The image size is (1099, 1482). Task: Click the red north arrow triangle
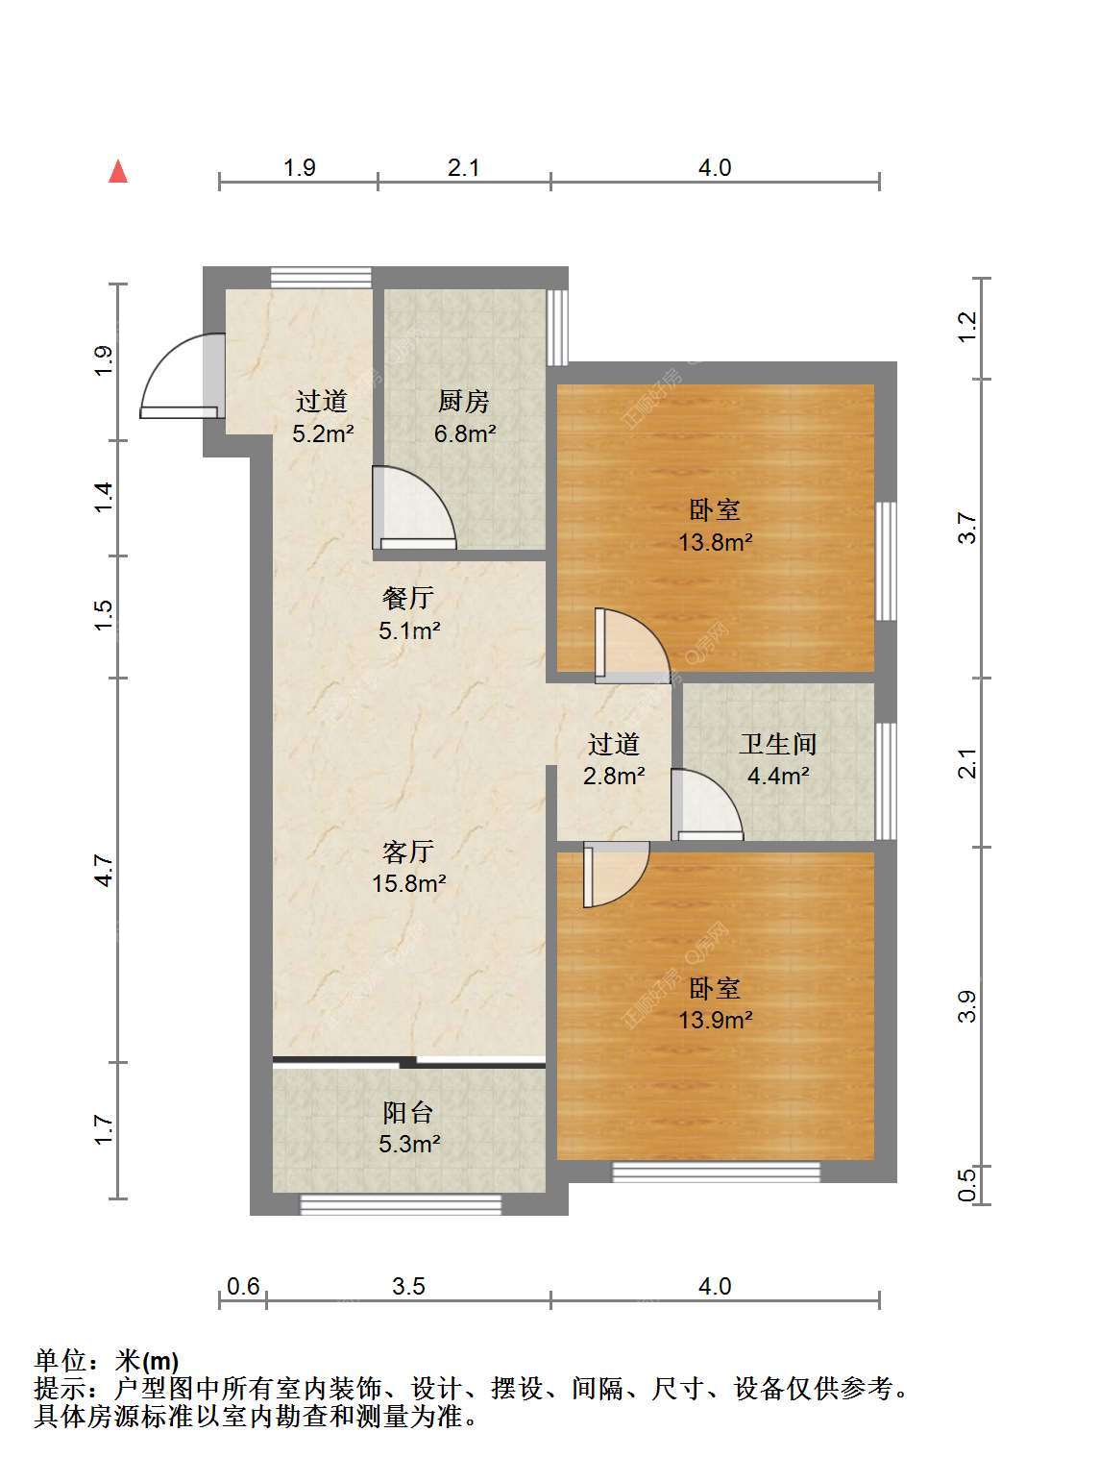click(118, 171)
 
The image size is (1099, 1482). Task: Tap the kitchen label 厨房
click(464, 402)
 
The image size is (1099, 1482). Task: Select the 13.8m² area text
click(716, 541)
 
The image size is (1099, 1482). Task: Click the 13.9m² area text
click(716, 1020)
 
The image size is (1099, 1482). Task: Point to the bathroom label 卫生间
click(778, 744)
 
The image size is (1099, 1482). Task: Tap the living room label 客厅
click(408, 852)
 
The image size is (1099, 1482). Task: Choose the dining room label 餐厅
click(408, 598)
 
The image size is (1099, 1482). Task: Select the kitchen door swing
click(414, 507)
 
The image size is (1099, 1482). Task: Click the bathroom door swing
click(707, 804)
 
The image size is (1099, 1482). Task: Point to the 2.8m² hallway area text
click(614, 776)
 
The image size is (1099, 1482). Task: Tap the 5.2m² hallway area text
click(323, 433)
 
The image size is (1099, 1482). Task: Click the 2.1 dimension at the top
click(464, 167)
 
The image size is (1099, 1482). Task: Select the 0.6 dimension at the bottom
click(243, 1286)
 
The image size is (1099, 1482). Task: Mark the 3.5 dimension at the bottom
click(408, 1286)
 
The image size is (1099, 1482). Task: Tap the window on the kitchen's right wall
click(557, 327)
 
